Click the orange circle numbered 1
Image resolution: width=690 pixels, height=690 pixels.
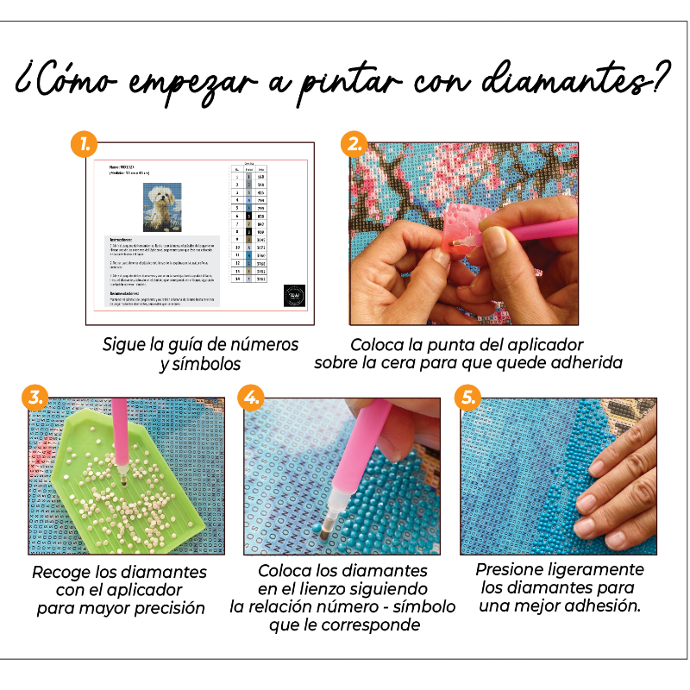tap(85, 145)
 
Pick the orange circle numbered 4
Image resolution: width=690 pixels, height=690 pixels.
tap(251, 398)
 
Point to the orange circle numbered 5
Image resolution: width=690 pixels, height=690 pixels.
tap(467, 398)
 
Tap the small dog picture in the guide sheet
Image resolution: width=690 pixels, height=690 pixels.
tap(162, 207)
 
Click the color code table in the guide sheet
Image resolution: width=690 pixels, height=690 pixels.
tap(250, 223)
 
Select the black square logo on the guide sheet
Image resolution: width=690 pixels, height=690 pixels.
tap(294, 297)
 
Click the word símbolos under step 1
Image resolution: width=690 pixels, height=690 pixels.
tap(203, 364)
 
